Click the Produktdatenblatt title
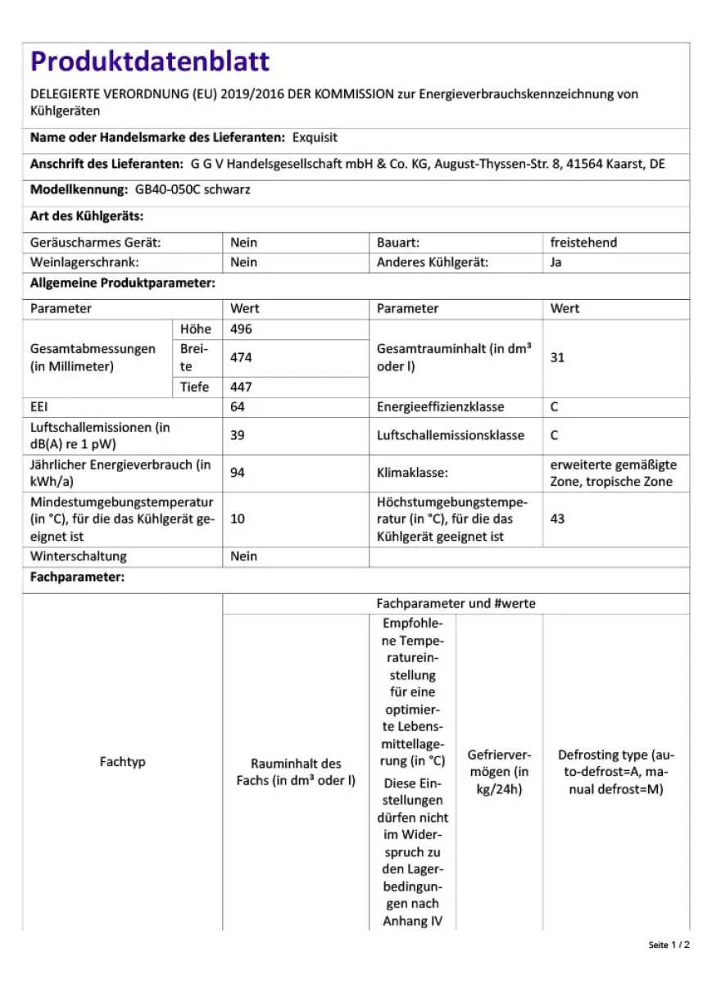point(150,61)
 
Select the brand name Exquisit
point(315,138)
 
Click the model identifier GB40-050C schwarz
point(193,190)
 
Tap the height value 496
point(242,329)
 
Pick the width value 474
point(242,358)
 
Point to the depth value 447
point(242,388)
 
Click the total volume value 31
point(558,358)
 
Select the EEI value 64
point(238,407)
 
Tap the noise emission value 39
point(238,436)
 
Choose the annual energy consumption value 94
point(238,473)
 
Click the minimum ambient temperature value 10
point(238,519)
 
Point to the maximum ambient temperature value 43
point(558,519)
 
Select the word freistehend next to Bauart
point(584,243)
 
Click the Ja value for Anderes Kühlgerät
point(556,263)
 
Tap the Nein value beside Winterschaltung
point(244,556)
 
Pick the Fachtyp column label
point(123,762)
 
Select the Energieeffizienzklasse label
point(441,407)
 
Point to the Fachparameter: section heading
point(77,578)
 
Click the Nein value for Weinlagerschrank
point(244,263)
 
